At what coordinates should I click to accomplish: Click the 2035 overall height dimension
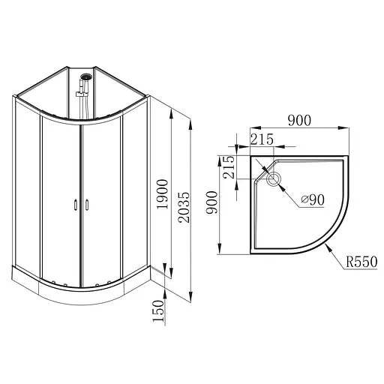click(x=185, y=207)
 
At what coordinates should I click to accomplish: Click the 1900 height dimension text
click(x=162, y=194)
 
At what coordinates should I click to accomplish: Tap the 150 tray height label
click(x=158, y=311)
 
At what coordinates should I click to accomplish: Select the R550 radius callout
click(x=361, y=262)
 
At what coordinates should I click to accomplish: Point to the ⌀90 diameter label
click(x=313, y=199)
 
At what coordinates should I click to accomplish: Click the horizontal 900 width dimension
click(x=299, y=120)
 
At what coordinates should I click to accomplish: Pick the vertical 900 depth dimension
click(x=211, y=202)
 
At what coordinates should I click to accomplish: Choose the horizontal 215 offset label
click(x=262, y=139)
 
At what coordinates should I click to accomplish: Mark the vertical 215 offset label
click(x=229, y=167)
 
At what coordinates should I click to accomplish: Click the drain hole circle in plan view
click(x=274, y=178)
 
